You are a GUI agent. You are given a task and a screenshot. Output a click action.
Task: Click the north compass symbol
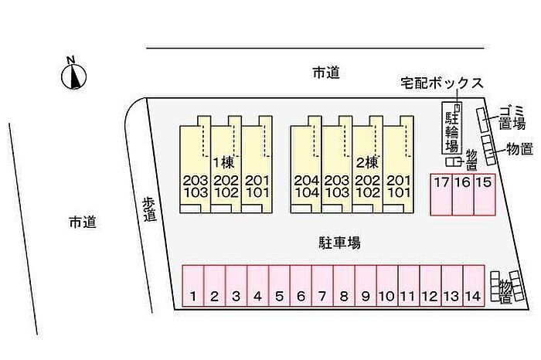tap(73, 75)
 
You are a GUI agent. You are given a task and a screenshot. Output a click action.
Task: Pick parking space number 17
tap(441, 194)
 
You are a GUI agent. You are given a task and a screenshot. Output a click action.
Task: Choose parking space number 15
tap(484, 194)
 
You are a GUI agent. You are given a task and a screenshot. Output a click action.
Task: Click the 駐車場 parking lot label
tap(340, 243)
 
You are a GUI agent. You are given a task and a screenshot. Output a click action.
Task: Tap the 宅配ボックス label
tap(441, 83)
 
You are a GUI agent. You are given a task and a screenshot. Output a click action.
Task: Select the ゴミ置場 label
tap(512, 116)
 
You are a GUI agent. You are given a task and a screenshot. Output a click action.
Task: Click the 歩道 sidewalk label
tap(149, 209)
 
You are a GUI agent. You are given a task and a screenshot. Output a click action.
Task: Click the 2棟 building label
tap(366, 162)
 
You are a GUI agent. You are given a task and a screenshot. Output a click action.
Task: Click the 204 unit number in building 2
tap(306, 180)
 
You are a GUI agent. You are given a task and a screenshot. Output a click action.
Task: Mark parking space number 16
tap(462, 194)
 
